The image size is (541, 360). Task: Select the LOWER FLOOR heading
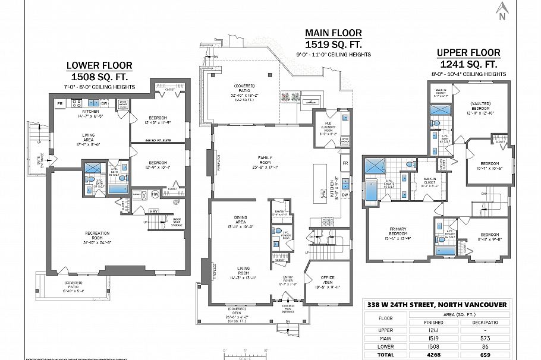pyautogui.click(x=99, y=65)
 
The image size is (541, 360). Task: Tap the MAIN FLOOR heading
pyautogui.click(x=333, y=33)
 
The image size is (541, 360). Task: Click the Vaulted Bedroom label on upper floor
pyautogui.click(x=480, y=106)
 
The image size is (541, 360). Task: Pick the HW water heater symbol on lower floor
pyautogui.click(x=155, y=194)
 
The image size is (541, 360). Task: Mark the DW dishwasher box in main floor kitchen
pyautogui.click(x=345, y=194)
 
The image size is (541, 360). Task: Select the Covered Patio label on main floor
pyautogui.click(x=244, y=90)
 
